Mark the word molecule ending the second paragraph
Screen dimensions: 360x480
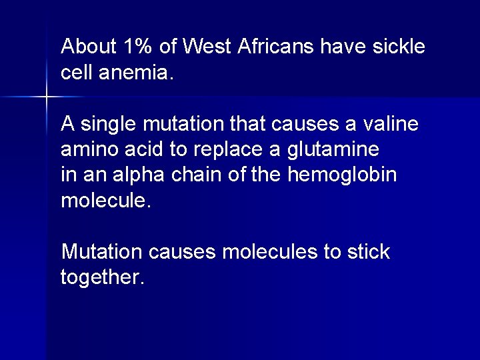tap(106, 201)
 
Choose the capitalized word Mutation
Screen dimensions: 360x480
tap(101, 253)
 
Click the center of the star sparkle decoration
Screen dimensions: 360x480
tap(47, 97)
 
